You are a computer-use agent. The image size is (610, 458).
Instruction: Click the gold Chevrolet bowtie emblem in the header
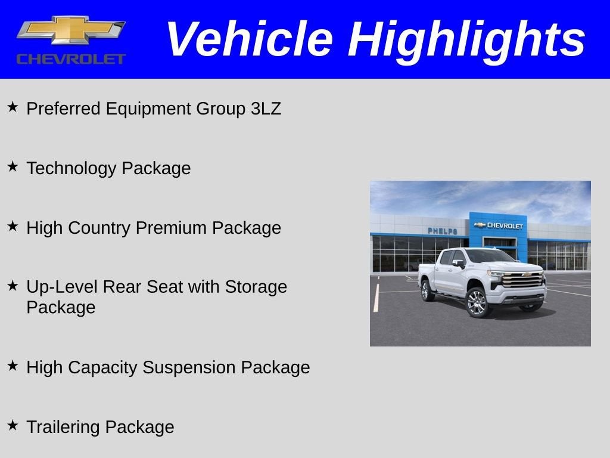(71, 30)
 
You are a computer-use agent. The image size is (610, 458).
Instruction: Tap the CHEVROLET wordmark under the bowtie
(71, 58)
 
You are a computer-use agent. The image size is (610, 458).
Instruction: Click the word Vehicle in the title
(248, 39)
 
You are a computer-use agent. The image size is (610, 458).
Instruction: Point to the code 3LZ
(266, 109)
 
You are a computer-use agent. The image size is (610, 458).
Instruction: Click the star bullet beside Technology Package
(13, 166)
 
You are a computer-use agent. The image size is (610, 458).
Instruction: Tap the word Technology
(71, 168)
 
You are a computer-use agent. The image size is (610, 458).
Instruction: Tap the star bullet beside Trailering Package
(13, 425)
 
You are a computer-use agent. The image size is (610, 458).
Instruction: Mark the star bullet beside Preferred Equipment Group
(13, 107)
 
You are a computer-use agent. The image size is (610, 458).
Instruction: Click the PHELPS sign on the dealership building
(442, 231)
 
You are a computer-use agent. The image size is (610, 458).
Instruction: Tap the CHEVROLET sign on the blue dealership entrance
(499, 225)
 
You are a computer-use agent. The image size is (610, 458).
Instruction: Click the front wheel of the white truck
(478, 302)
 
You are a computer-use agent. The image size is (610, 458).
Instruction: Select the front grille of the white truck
(522, 280)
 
